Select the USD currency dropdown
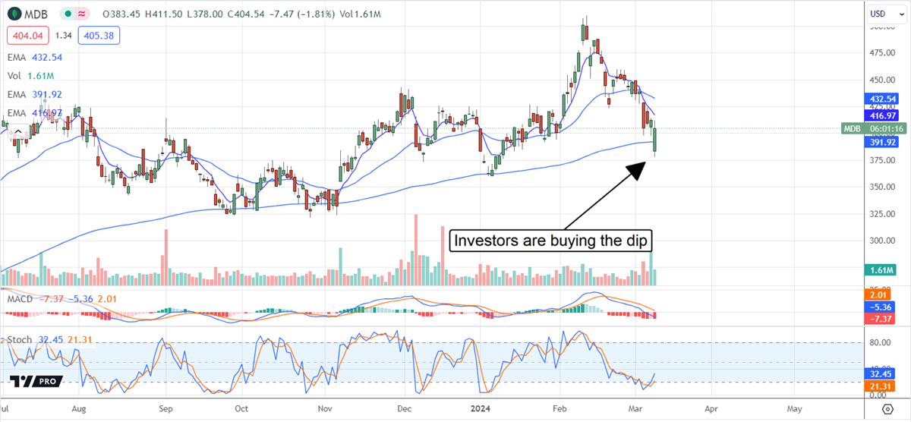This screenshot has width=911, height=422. pyautogui.click(x=885, y=13)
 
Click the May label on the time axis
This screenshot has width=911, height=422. pyautogui.click(x=793, y=408)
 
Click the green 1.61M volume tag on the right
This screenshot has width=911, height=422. pyautogui.click(x=881, y=269)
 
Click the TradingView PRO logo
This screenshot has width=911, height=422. pyautogui.click(x=36, y=381)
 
